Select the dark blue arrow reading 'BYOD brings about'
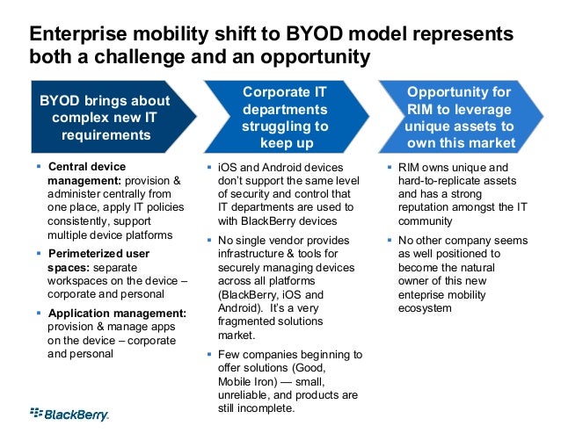click(x=101, y=118)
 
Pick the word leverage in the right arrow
click(x=483, y=109)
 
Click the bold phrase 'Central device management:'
click(x=88, y=173)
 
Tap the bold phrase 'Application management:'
click(x=116, y=314)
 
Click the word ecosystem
click(x=424, y=308)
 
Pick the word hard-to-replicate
click(x=447, y=180)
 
